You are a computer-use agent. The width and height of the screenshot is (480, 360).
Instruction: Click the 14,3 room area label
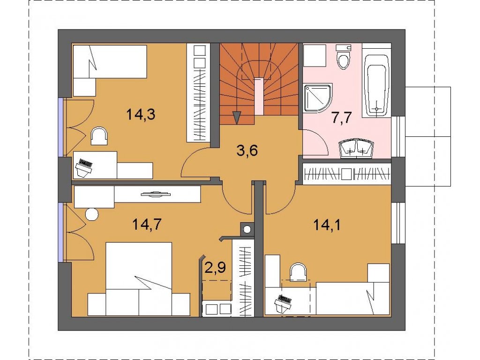coord(141,114)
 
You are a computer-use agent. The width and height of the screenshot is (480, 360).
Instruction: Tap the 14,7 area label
coord(147,225)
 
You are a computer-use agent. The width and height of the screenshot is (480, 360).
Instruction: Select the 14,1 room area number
coord(327,225)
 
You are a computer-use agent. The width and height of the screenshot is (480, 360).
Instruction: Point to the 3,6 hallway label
coord(247,150)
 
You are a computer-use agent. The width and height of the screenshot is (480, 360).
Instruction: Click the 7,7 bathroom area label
coord(342,117)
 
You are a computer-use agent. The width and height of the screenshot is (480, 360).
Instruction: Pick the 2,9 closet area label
coord(215,267)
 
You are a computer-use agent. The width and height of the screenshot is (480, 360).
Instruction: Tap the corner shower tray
coord(318,97)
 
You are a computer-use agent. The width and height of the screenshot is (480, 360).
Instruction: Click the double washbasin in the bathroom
coord(356,150)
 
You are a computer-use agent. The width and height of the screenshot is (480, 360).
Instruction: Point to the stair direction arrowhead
coord(237,118)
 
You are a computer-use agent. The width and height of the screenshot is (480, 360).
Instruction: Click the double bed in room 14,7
coord(139,279)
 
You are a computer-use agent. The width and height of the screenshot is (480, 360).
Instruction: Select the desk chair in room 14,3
coord(100,136)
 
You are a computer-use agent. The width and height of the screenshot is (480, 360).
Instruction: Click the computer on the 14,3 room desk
coord(84,168)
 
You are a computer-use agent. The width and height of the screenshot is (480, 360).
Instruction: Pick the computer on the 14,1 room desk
coord(282,304)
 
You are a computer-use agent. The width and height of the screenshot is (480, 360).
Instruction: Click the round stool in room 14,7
coord(92,214)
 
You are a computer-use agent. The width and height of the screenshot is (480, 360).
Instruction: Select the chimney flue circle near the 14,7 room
coord(247,229)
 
